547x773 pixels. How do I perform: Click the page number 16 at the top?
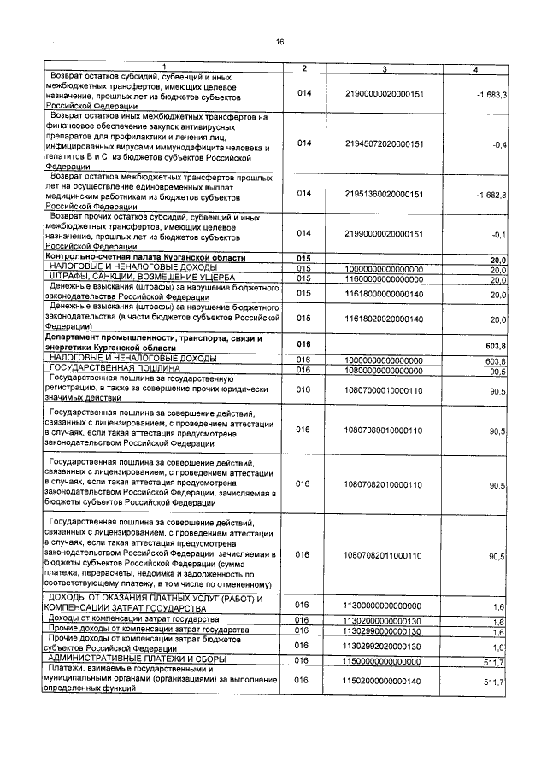(x=279, y=42)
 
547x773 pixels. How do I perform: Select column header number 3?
(x=385, y=68)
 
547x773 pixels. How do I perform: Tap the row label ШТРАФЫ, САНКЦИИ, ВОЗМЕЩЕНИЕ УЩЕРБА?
(x=125, y=278)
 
